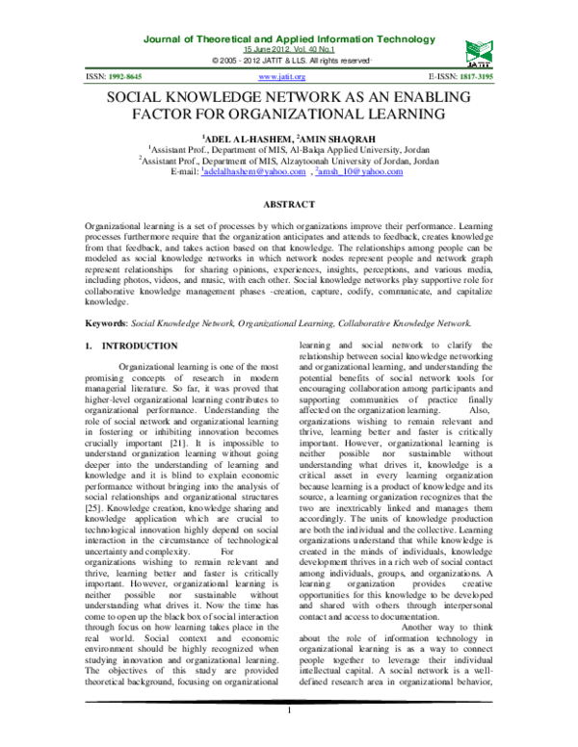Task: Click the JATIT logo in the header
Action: click(x=478, y=48)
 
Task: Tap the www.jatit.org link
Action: click(x=282, y=76)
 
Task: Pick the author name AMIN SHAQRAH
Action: click(x=326, y=138)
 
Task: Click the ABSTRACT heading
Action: click(x=289, y=205)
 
